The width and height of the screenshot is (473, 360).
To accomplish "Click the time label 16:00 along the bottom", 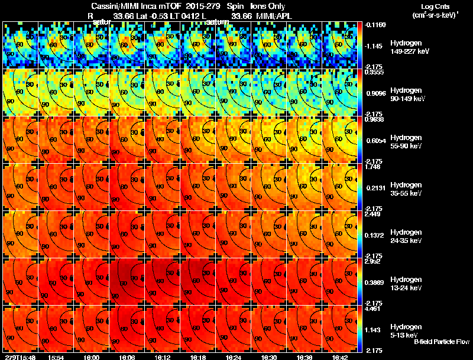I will pyautogui.click(x=92, y=357).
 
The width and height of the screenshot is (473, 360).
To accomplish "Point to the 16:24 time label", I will pyautogui.click(x=234, y=357).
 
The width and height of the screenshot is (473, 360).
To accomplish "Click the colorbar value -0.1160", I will pyautogui.click(x=374, y=24).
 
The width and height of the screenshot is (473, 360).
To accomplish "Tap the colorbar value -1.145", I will pyautogui.click(x=374, y=46).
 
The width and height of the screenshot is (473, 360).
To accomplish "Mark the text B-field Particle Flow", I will pyautogui.click(x=441, y=342).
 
